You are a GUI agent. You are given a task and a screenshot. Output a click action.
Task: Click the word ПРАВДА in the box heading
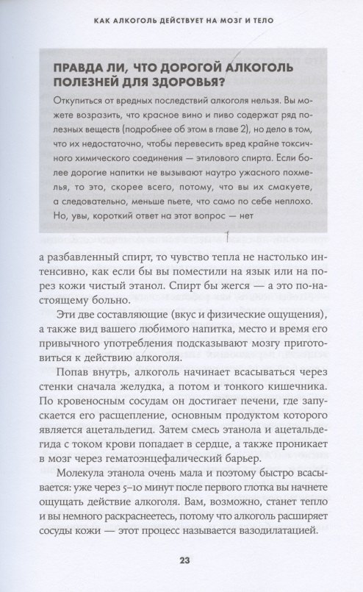[x=71, y=69]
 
